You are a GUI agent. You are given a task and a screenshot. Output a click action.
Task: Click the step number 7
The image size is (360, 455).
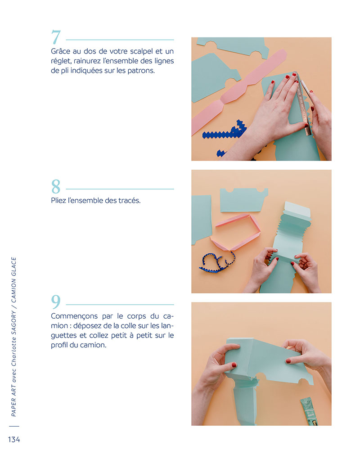coord(56,37)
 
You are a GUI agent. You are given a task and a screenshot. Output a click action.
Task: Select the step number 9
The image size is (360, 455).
coord(56,302)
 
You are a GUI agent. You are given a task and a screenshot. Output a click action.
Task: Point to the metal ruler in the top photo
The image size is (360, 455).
coord(303,104)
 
